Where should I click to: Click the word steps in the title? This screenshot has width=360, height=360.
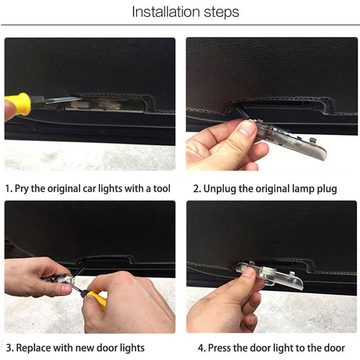click(x=221, y=12)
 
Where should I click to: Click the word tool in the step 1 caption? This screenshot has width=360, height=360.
click(x=162, y=189)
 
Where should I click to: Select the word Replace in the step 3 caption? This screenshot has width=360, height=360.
click(x=33, y=348)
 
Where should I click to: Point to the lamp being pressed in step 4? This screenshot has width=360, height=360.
click(x=271, y=275)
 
